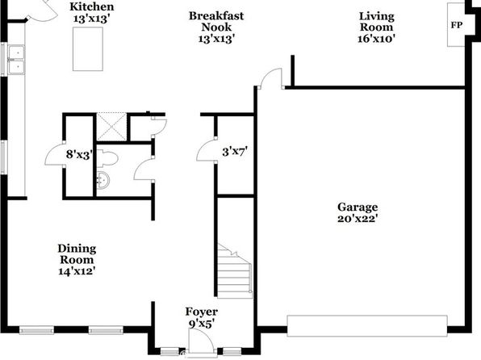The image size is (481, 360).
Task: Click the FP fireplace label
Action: tap(456, 25)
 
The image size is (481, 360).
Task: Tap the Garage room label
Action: tap(358, 207)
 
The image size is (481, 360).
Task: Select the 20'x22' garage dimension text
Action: tap(358, 219)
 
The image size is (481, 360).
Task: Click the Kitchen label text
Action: tap(92, 6)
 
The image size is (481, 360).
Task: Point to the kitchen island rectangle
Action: tap(88, 49)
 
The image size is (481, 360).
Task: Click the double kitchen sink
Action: tap(17, 60)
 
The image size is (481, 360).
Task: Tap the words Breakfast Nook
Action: tap(216, 22)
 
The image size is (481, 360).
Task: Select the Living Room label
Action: tap(376, 22)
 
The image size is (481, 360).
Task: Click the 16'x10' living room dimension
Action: tap(376, 39)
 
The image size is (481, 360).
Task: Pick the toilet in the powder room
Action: tap(107, 158)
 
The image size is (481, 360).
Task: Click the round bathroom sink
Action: tap(103, 180)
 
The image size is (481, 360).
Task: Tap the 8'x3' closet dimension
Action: tap(79, 154)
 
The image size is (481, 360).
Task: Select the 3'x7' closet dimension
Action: tap(235, 151)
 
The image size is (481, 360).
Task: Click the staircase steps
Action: tap(235, 271)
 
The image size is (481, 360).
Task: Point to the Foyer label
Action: tap(202, 312)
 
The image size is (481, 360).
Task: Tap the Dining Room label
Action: tap(77, 254)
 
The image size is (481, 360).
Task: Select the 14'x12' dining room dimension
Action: tap(77, 271)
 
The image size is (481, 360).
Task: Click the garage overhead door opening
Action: tap(367, 325)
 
